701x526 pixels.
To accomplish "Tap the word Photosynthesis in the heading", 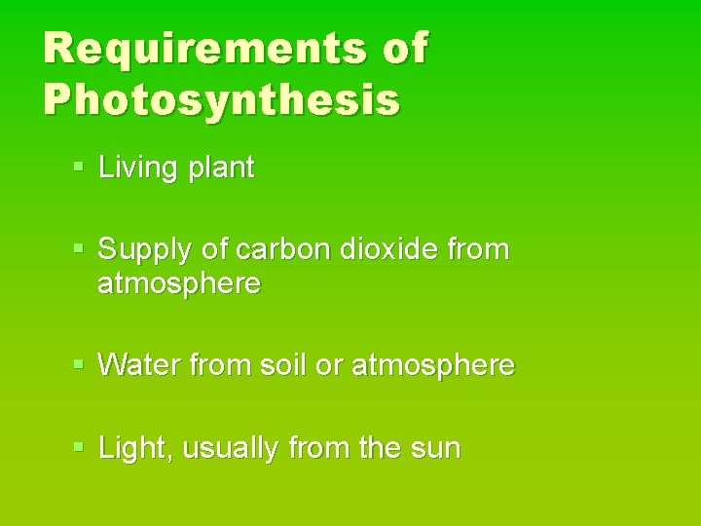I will point(221,99).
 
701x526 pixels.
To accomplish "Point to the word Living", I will point(137,169).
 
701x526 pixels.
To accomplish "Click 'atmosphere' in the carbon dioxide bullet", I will point(179,284).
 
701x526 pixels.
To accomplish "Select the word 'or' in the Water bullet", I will point(332,367).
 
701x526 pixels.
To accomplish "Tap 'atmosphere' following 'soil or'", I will point(432,366).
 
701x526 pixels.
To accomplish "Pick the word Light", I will point(133,449).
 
